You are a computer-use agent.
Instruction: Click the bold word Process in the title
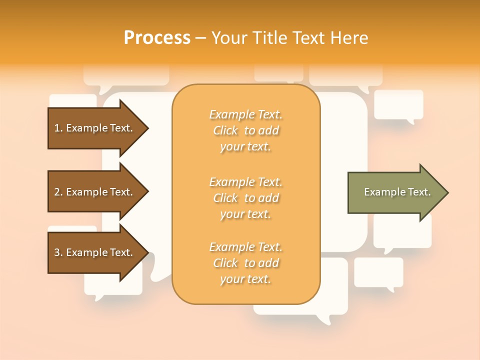click(157, 38)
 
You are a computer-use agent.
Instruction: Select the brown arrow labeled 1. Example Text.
click(95, 128)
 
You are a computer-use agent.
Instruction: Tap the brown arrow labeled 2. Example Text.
click(95, 192)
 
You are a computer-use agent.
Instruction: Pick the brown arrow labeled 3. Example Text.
click(95, 252)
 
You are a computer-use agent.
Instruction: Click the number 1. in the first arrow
click(58, 128)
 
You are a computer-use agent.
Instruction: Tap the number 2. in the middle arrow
click(58, 192)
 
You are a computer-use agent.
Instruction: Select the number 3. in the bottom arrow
click(58, 252)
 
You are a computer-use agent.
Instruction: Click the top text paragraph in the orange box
click(245, 130)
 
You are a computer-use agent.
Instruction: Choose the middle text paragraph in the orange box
click(245, 198)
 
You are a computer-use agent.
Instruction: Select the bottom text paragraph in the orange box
click(245, 263)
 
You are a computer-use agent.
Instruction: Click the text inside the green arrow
click(397, 192)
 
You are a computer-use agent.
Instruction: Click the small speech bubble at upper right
click(398, 104)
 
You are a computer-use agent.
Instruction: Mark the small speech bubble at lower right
click(378, 272)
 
